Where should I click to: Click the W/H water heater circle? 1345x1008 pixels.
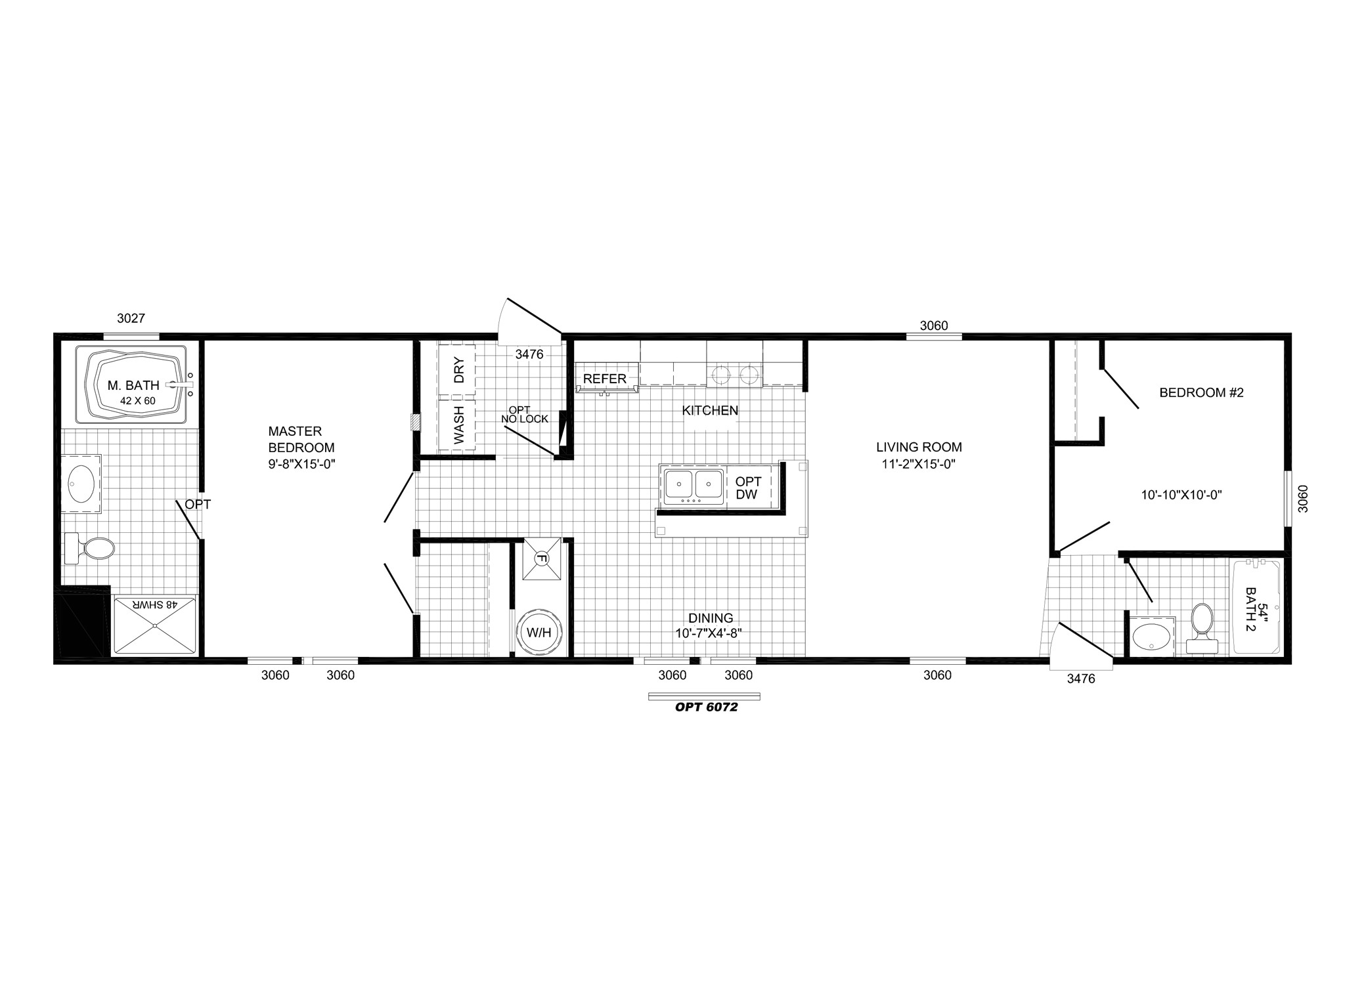539,633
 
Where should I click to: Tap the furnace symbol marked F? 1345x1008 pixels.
542,559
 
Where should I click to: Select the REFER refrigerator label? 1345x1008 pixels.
605,379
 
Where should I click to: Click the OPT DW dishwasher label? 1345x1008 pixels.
747,489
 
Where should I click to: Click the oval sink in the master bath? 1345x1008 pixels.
81,484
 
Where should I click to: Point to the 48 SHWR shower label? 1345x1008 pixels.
155,604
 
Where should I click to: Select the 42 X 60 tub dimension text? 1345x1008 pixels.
137,401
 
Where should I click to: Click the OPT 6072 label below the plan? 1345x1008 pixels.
707,707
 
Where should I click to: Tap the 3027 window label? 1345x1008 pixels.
131,319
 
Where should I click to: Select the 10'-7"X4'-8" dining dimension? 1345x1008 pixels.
709,634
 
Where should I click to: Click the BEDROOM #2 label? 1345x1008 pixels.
1201,393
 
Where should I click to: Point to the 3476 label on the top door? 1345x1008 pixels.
529,354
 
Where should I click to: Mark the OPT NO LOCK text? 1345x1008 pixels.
524,415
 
